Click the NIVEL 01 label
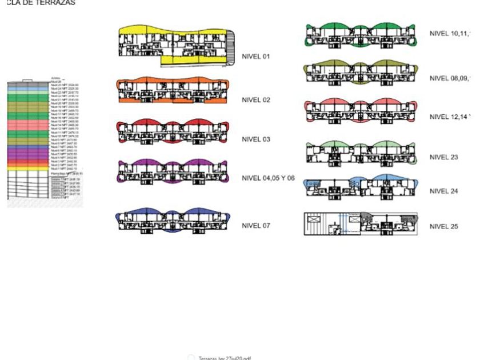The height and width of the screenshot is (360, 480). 255,57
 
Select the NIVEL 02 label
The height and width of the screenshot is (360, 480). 255,100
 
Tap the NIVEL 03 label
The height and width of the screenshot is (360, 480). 255,139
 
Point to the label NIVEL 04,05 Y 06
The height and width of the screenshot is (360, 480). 268,178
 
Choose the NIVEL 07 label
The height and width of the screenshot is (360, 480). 255,226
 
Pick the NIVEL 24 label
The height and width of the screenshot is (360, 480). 443,191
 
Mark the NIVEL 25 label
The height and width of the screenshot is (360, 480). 443,227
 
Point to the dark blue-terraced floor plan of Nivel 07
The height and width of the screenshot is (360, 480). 173,221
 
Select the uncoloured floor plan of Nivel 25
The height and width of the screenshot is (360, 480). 360,224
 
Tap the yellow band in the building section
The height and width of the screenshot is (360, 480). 29,169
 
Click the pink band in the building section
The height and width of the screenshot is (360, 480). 29,125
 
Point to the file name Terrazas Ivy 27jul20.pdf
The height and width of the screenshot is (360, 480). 225,358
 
